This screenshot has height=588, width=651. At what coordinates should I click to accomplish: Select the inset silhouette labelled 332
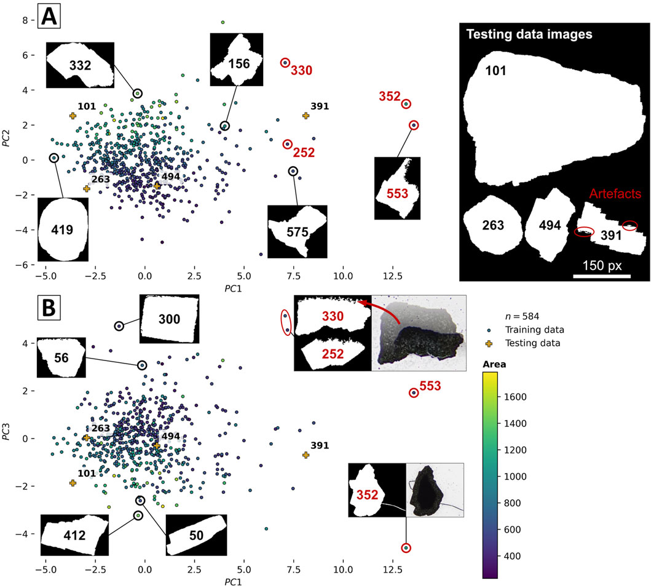(x=81, y=65)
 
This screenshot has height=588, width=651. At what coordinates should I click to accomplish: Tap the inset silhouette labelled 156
(x=237, y=60)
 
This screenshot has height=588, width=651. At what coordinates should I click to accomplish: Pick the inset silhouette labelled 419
(x=63, y=229)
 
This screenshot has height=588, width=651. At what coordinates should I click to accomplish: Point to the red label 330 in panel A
(x=301, y=70)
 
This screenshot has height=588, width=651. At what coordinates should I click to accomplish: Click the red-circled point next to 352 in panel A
(x=406, y=105)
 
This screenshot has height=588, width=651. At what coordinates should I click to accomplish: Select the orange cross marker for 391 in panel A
(x=306, y=116)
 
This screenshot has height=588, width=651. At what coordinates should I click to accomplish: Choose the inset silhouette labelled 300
(x=170, y=319)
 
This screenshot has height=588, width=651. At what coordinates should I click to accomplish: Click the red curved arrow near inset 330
(x=384, y=309)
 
